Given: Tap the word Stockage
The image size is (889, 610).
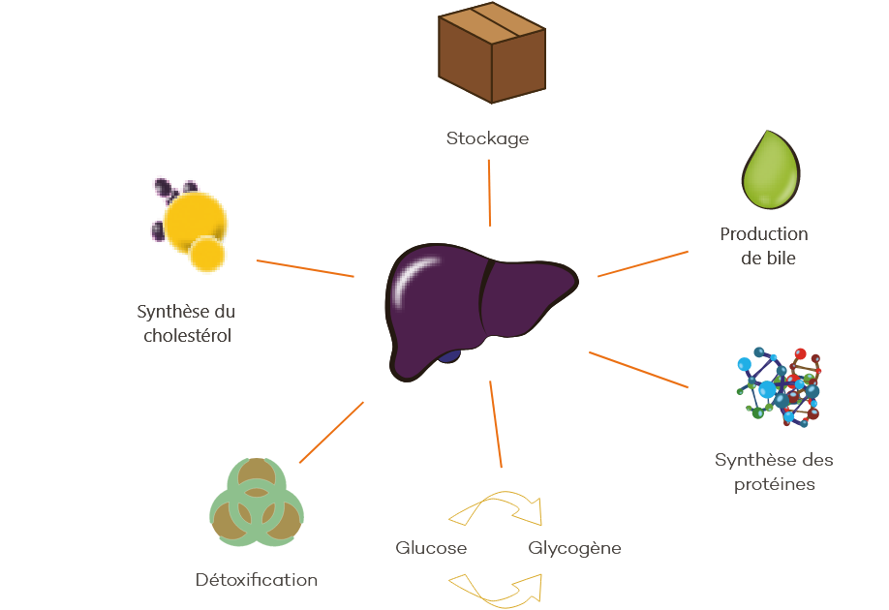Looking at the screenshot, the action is click(487, 138).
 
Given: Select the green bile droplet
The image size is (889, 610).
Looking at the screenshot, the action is click(771, 169).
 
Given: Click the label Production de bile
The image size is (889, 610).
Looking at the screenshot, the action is click(764, 246).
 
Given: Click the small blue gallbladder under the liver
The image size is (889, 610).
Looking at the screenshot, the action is click(449, 356).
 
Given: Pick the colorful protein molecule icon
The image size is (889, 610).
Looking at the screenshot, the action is click(779, 387).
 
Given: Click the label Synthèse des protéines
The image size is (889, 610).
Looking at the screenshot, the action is click(774, 472).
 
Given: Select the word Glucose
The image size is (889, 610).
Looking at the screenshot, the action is click(431, 548).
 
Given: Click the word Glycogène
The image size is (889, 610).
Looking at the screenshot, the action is click(574, 549).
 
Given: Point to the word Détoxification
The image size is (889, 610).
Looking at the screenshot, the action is click(257, 580).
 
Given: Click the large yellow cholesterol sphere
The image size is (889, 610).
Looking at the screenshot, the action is click(195, 221).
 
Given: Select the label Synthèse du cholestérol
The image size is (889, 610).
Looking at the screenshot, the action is click(186, 323).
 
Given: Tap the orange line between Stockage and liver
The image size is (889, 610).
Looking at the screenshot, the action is click(489, 193).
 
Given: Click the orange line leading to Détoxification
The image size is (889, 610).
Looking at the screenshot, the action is click(331, 433).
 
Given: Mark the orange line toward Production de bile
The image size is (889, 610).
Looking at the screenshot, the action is click(643, 263).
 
